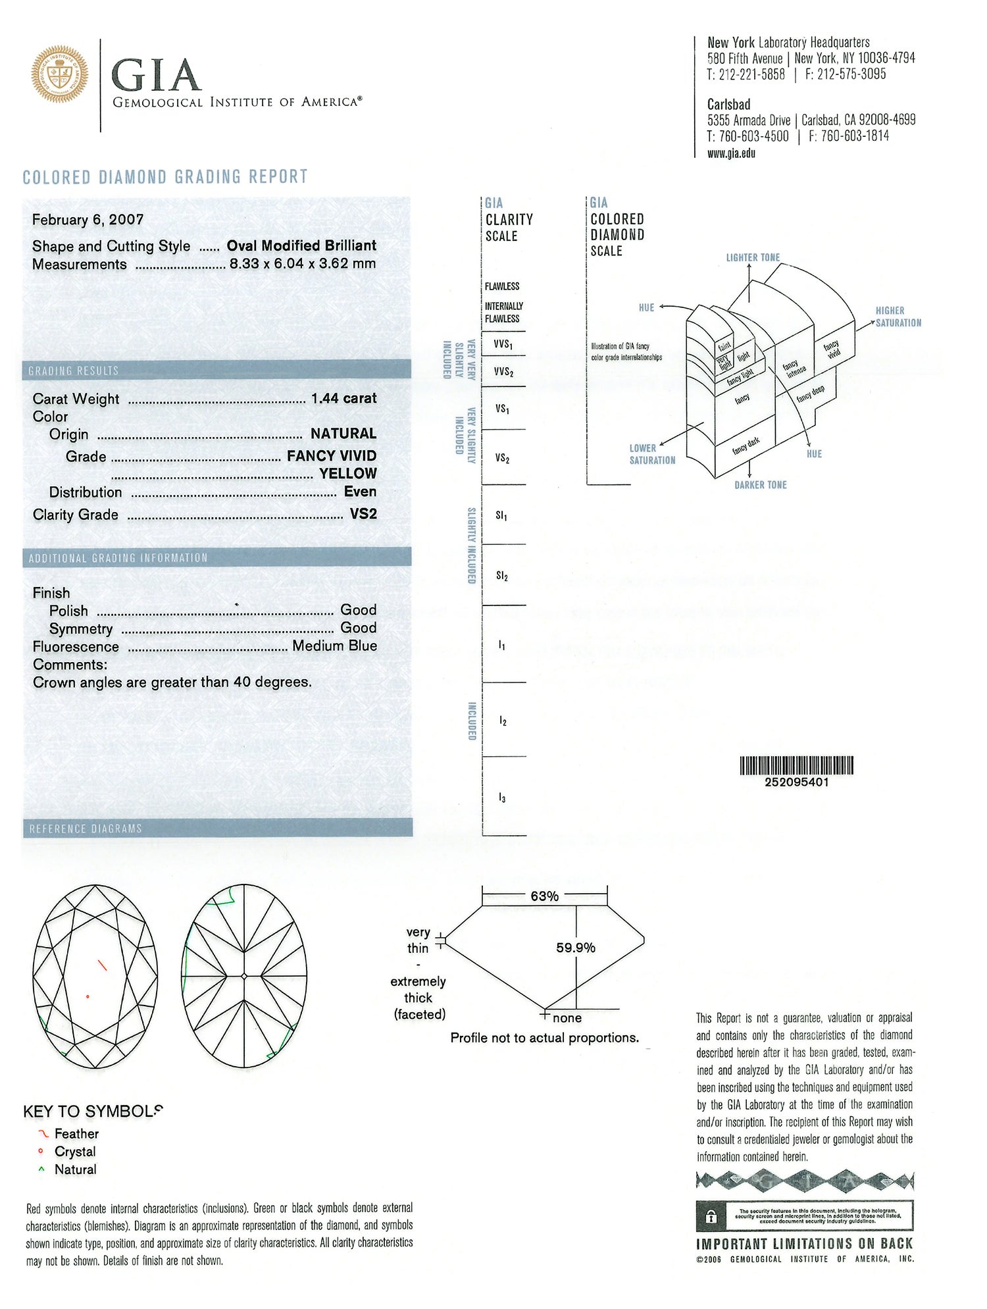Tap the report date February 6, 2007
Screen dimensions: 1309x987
(x=88, y=220)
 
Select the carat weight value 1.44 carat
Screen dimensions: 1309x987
(x=343, y=398)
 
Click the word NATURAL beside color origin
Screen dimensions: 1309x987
(x=343, y=434)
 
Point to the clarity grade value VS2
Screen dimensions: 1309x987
(x=363, y=514)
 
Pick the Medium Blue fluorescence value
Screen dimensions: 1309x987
(x=334, y=646)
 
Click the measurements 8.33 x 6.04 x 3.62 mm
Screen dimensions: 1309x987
(x=303, y=264)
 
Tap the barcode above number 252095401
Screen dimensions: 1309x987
(x=796, y=765)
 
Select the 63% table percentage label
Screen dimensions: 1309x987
(x=544, y=896)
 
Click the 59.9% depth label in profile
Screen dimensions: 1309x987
(x=576, y=948)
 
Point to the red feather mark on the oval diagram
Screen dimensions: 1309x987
(x=102, y=965)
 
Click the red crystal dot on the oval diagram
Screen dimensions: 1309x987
(x=88, y=996)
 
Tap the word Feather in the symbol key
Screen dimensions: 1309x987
(x=76, y=1134)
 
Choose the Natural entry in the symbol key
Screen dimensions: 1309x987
(x=75, y=1169)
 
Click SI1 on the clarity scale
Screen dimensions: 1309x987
(x=501, y=516)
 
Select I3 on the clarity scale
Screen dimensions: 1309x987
(x=501, y=798)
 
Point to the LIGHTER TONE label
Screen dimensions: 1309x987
(x=753, y=257)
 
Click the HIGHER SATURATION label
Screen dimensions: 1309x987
(x=898, y=317)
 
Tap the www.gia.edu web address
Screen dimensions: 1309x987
(x=731, y=153)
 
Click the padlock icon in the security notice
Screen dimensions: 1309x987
(x=711, y=1217)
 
